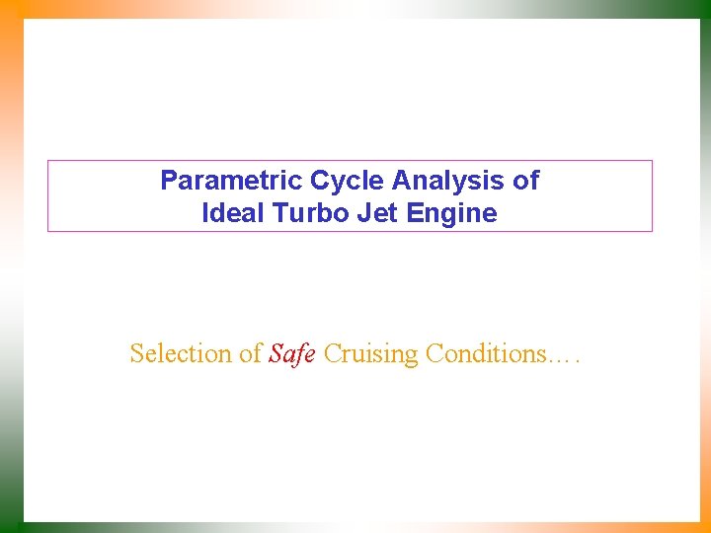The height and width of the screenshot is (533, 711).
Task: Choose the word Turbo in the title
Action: point(299,213)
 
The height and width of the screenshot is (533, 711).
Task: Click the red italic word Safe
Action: point(291,353)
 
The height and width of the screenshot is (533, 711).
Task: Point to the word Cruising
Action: point(370,354)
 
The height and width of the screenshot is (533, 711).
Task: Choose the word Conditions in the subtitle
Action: point(484,353)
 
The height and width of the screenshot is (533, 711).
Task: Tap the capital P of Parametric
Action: point(168,181)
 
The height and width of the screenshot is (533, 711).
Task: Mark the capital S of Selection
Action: point(136,353)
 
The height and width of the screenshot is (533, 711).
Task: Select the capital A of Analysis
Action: point(400,181)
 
